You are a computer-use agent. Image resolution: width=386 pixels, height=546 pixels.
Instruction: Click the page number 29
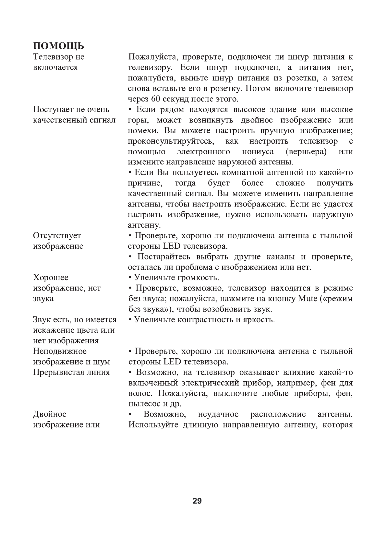point(197,501)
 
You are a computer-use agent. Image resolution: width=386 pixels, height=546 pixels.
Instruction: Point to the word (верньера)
point(306,152)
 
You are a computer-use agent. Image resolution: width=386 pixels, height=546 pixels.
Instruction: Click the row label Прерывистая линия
point(71,372)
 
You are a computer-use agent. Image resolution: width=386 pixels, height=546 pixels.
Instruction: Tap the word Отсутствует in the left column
point(57,236)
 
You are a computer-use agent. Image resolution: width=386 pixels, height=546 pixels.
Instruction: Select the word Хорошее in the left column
point(51,278)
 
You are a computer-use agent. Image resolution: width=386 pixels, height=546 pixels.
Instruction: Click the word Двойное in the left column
point(50,414)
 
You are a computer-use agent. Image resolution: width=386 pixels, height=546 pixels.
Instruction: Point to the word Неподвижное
point(60,351)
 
